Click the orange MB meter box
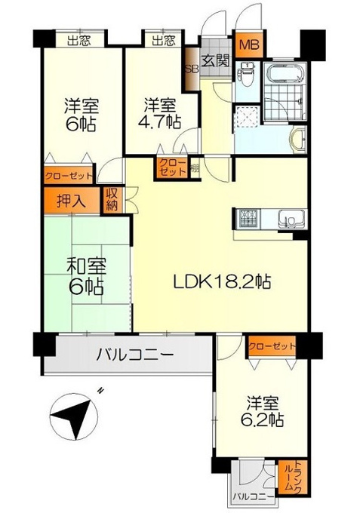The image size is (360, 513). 249,45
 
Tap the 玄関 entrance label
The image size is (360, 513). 216,60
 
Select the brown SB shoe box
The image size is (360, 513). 190,69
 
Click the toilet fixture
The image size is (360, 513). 247,75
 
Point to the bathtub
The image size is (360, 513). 284,72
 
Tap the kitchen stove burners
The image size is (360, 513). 249,218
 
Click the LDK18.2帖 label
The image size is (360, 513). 222,281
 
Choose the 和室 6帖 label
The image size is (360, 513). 86,276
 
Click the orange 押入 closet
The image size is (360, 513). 72,201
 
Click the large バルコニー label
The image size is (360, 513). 134,354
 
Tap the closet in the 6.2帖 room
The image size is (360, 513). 272,346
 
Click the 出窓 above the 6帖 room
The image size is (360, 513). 79,41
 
